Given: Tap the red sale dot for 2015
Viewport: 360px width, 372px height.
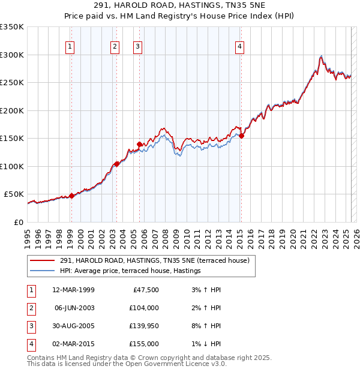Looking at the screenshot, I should (241, 136).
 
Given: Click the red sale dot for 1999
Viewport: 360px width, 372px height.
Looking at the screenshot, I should (71, 196).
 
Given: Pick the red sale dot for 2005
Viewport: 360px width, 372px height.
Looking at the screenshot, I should (140, 144).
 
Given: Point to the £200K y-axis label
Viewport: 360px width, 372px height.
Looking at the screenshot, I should (11, 110).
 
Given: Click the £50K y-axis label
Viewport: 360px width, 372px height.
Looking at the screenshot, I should (14, 194).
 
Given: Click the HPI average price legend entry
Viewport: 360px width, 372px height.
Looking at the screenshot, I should (130, 271).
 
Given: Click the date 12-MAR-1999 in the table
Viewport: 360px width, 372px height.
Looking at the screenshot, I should (73, 290).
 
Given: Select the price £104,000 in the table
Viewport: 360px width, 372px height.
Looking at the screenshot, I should (144, 308).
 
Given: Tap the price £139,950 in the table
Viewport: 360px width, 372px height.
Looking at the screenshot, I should (144, 326).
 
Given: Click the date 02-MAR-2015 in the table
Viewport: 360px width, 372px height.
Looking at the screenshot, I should (73, 344).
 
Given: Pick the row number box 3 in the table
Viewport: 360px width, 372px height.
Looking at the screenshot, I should (30, 326).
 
